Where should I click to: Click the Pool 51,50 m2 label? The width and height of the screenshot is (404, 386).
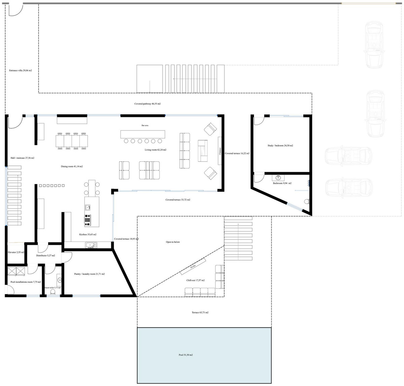coord(186,355)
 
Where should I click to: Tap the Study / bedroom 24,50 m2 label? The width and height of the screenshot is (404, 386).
coord(280,146)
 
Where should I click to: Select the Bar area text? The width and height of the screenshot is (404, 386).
coord(145,125)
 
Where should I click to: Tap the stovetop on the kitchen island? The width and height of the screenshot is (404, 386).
coord(88,219)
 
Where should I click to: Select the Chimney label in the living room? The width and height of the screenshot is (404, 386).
coord(220,151)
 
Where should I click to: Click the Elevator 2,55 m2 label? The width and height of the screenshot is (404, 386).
coord(16,252)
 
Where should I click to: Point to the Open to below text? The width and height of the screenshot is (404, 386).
coord(173,242)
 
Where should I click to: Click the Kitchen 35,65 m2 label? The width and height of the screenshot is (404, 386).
coord(88,234)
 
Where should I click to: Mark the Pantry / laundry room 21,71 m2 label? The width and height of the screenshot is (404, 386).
coord(89,274)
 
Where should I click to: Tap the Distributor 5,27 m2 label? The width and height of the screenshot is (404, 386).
coord(45,256)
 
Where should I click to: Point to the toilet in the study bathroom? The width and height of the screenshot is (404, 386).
coord(306,202)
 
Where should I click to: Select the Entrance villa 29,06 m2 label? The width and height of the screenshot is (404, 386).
coord(21,71)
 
